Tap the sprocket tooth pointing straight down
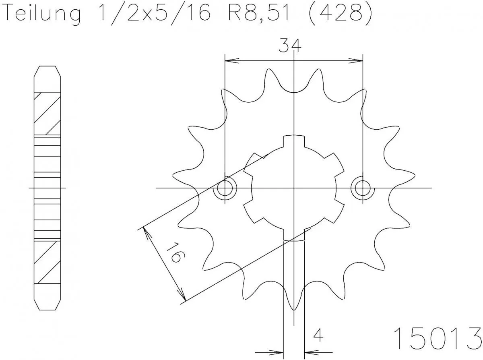[294, 300]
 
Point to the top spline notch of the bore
[294, 141]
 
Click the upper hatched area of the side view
[48, 114]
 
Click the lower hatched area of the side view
[48, 261]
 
